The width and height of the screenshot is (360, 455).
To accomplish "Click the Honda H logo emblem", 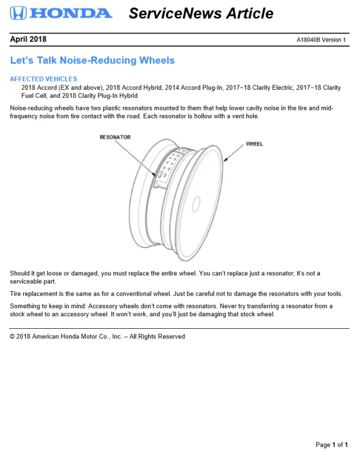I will (18, 13).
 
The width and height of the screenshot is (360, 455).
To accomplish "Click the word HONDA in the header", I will (70, 13).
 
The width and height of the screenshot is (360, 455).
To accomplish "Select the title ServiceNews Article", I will (201, 13).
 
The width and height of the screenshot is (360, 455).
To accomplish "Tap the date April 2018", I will (28, 39).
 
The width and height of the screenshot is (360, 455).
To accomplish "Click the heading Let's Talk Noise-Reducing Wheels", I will (92, 60).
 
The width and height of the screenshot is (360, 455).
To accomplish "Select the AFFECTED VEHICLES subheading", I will (43, 79).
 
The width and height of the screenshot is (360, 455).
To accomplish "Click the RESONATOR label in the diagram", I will (115, 137).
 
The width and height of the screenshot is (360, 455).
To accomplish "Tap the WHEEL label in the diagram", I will (254, 144).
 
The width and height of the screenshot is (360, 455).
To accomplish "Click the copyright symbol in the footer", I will (13, 337).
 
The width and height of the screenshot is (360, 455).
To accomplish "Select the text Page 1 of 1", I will (332, 445).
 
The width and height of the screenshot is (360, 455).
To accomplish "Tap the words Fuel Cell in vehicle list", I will (35, 96).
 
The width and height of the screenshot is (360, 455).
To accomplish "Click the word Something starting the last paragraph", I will (27, 306).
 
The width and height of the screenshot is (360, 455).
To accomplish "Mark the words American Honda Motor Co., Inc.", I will (77, 337).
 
